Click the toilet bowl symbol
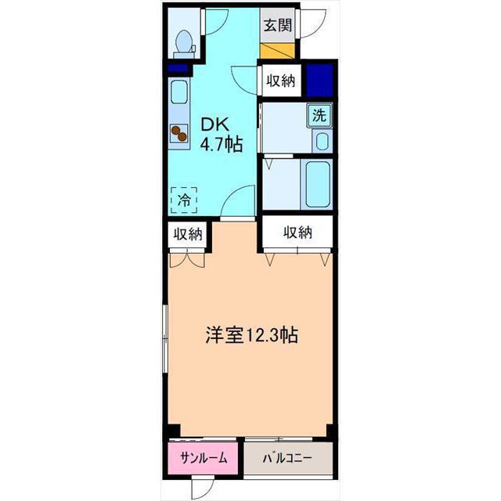[x=185, y=44]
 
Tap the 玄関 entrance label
[x=278, y=25]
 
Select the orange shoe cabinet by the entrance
[x=277, y=50]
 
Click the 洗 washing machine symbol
[x=319, y=115]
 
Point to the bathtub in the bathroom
[x=317, y=184]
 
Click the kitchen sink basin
[x=179, y=92]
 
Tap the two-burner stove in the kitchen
[x=178, y=133]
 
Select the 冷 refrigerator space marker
[x=184, y=200]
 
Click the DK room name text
[x=214, y=125]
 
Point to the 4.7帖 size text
[x=221, y=144]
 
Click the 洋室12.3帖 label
[x=252, y=335]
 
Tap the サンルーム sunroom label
[x=204, y=459]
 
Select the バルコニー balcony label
[x=287, y=459]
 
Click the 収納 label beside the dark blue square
[x=281, y=81]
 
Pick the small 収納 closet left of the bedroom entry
[x=188, y=235]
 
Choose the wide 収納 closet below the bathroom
[x=297, y=232]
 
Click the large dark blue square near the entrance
[x=320, y=81]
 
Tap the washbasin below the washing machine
[x=322, y=141]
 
